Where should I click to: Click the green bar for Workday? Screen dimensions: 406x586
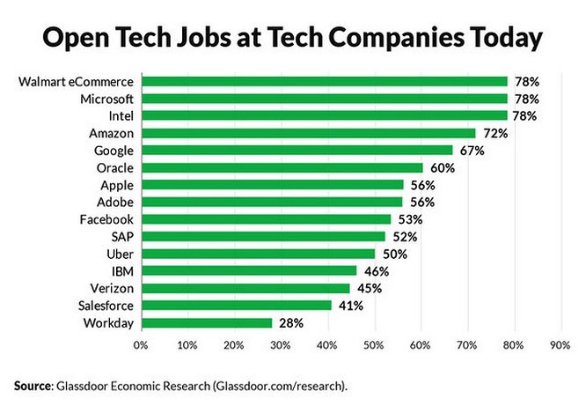pyautogui.click(x=206, y=323)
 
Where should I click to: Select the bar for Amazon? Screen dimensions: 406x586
pyautogui.click(x=308, y=133)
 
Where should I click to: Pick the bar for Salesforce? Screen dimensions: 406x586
pyautogui.click(x=236, y=306)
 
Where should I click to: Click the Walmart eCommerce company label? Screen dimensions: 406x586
pyautogui.click(x=77, y=82)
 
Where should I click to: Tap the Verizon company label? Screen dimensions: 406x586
pyautogui.click(x=112, y=288)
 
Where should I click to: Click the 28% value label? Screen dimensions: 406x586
pyautogui.click(x=291, y=323)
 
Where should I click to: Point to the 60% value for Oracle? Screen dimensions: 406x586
pyautogui.click(x=443, y=167)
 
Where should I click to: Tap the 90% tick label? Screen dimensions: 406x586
pyautogui.click(x=560, y=345)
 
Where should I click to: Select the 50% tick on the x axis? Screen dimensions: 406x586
pyautogui.click(x=374, y=345)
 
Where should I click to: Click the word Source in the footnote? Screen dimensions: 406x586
pyautogui.click(x=33, y=385)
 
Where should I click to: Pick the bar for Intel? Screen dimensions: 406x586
pyautogui.click(x=324, y=115)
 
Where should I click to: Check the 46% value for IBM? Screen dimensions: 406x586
pyautogui.click(x=377, y=271)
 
